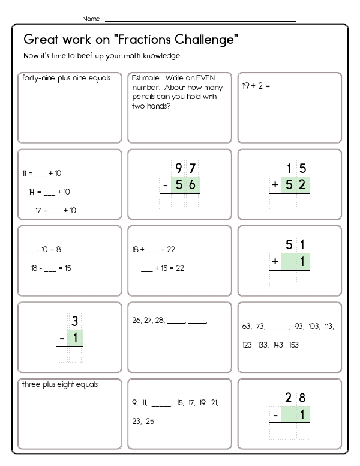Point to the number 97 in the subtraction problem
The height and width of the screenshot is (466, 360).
tap(184, 168)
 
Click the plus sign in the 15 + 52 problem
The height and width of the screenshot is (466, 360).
tap(275, 185)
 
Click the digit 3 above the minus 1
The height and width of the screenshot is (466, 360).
tap(75, 321)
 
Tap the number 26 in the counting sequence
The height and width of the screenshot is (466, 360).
tap(136, 321)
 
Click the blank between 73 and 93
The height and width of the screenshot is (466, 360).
tap(279, 327)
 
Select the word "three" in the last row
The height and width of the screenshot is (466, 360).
tap(31, 384)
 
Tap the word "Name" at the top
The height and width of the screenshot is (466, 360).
tap(91, 19)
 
